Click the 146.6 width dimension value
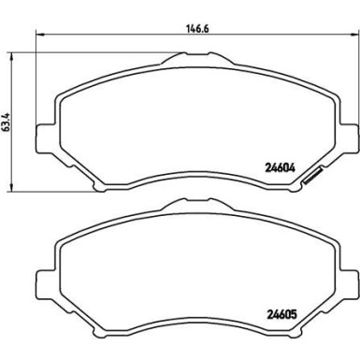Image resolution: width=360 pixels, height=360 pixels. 197,28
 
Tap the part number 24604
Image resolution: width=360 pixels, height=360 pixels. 280,168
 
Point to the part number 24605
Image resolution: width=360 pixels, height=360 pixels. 281,315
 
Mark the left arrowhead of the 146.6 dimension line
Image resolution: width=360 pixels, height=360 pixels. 40,35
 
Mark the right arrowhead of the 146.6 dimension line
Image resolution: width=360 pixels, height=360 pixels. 355,35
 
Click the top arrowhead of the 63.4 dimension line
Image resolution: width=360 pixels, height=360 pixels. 12,56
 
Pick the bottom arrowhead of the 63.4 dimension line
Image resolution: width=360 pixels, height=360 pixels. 12,188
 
